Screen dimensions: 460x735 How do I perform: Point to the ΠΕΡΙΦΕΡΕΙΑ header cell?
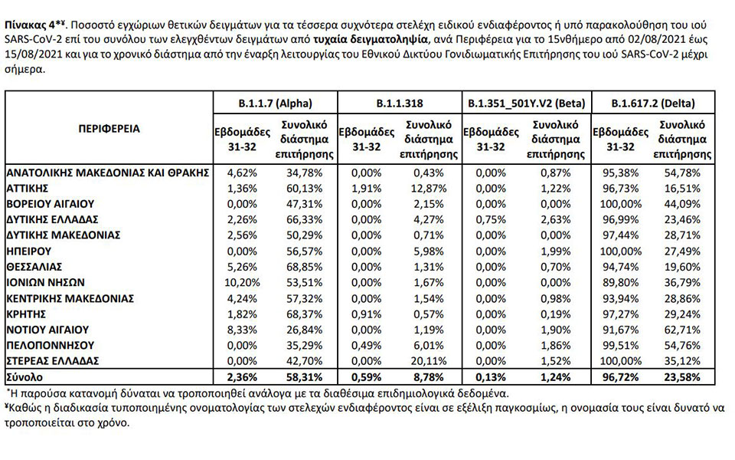tap(109, 129)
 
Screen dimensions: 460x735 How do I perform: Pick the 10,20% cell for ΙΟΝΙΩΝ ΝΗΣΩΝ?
tap(240, 281)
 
